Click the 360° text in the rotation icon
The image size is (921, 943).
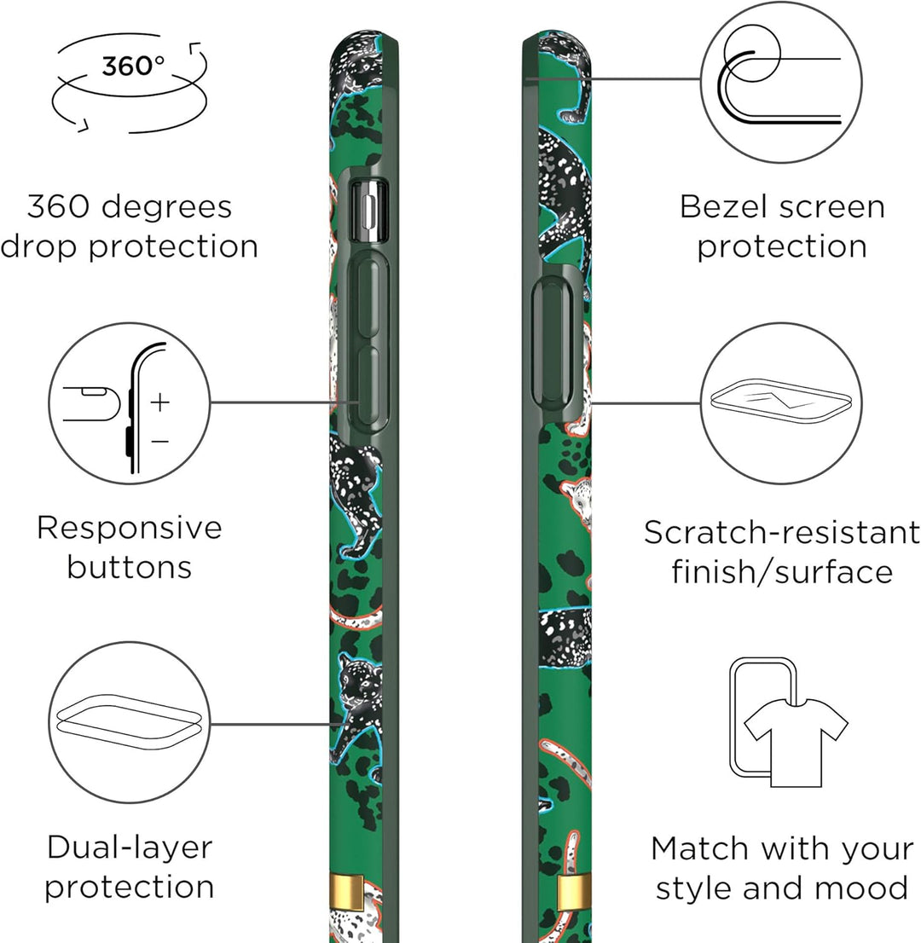[x=132, y=66]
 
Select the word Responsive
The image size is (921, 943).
[x=130, y=528]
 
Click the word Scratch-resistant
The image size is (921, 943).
[x=782, y=532]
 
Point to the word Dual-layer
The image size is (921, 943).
[x=130, y=848]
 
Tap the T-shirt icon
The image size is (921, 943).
[x=796, y=742]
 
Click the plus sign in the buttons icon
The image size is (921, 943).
[x=160, y=402]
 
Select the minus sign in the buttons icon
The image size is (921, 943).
[x=160, y=442]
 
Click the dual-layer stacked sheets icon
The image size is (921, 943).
[x=129, y=721]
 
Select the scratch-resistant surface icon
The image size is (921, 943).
[x=781, y=401]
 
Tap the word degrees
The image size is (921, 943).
[x=166, y=208]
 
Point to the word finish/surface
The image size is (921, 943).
[x=782, y=572]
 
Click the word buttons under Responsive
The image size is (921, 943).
[x=130, y=567]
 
